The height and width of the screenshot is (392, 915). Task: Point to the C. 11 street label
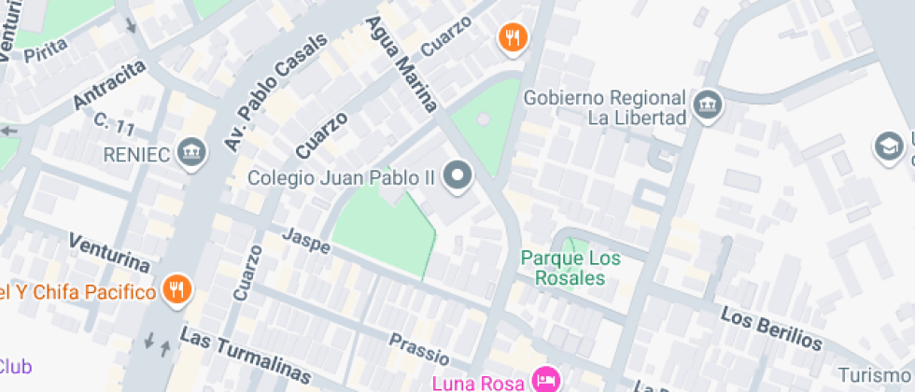point(114,120)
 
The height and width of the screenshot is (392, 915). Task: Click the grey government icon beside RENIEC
point(192,150)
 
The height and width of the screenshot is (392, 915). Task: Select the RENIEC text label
point(141,152)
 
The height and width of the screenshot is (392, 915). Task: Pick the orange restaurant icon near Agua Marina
point(513,38)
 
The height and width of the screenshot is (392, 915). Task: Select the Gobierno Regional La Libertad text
point(605,108)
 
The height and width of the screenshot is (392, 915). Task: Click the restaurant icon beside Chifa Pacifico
point(176,290)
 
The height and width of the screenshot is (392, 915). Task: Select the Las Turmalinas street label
point(246,356)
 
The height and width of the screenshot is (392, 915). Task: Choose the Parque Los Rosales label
point(563,268)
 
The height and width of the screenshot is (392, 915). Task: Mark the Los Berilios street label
point(771,329)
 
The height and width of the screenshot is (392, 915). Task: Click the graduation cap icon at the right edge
point(888,146)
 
